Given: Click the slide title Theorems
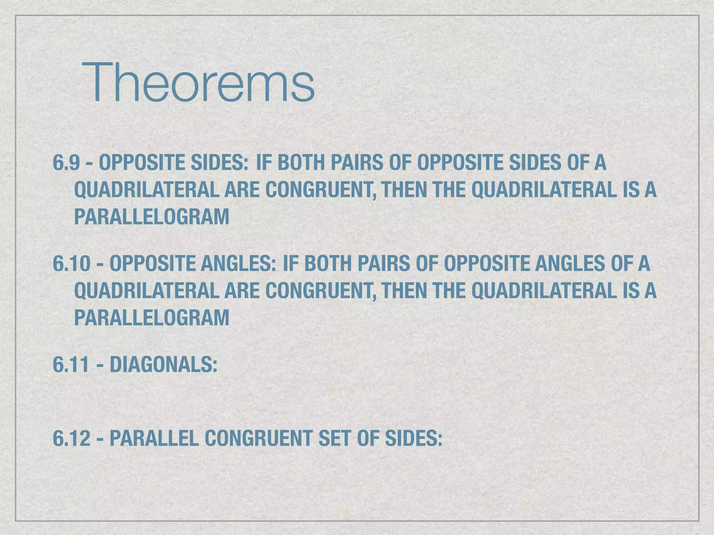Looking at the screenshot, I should click(x=198, y=83).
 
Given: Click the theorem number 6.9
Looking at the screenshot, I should click(x=66, y=163).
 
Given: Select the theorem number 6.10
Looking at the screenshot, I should click(x=71, y=263).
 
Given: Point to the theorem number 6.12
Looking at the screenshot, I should click(x=71, y=438).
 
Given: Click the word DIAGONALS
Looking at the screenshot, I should click(x=164, y=365).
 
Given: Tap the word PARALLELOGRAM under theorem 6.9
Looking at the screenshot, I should click(x=152, y=217).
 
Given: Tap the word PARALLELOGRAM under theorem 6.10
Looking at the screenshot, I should click(x=152, y=318).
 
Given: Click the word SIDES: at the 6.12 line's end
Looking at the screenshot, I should click(x=413, y=438).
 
